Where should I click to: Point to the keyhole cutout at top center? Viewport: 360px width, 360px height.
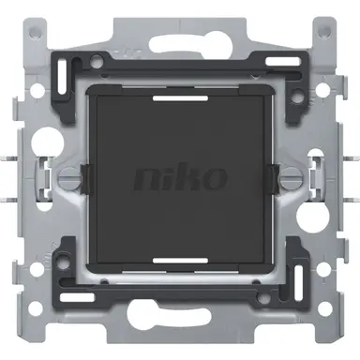coord(180,28)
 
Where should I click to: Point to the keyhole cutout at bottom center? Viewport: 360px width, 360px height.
coord(180,330)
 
